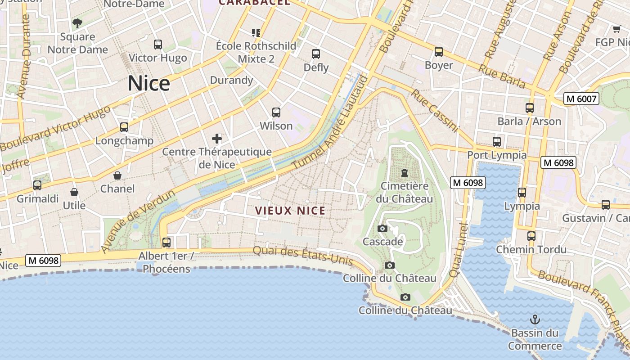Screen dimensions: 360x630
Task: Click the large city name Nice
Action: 149,84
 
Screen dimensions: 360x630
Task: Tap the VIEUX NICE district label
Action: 290,211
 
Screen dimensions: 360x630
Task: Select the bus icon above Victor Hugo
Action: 157,45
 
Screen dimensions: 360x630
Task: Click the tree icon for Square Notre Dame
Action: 77,23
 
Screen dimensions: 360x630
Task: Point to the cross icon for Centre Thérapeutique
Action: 217,138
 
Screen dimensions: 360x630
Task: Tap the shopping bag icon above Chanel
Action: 117,175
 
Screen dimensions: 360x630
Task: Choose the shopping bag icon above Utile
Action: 74,193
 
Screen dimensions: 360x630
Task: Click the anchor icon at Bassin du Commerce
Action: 535,320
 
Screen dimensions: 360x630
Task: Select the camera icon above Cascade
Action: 382,229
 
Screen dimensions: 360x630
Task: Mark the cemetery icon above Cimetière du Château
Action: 404,173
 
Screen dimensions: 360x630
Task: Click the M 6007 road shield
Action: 581,99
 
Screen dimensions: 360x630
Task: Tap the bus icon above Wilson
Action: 276,112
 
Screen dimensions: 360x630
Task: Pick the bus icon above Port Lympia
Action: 497,142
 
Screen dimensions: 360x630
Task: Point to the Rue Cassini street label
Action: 435,111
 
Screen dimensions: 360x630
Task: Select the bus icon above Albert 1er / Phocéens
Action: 166,243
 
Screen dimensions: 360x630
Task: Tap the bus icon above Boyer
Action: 439,52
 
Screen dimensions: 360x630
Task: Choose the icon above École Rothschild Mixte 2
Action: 256,32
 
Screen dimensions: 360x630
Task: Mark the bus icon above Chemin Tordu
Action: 531,236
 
